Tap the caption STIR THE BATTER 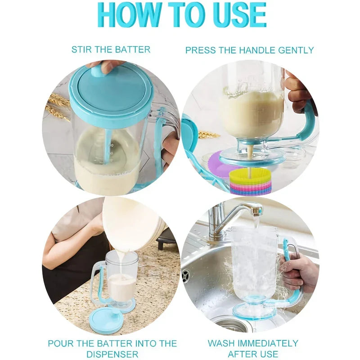(x=111, y=49)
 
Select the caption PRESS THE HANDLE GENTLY (x=249, y=50)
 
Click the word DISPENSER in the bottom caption (x=112, y=354)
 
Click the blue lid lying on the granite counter (x=105, y=320)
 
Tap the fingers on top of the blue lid (x=106, y=67)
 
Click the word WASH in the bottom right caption (x=223, y=343)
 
